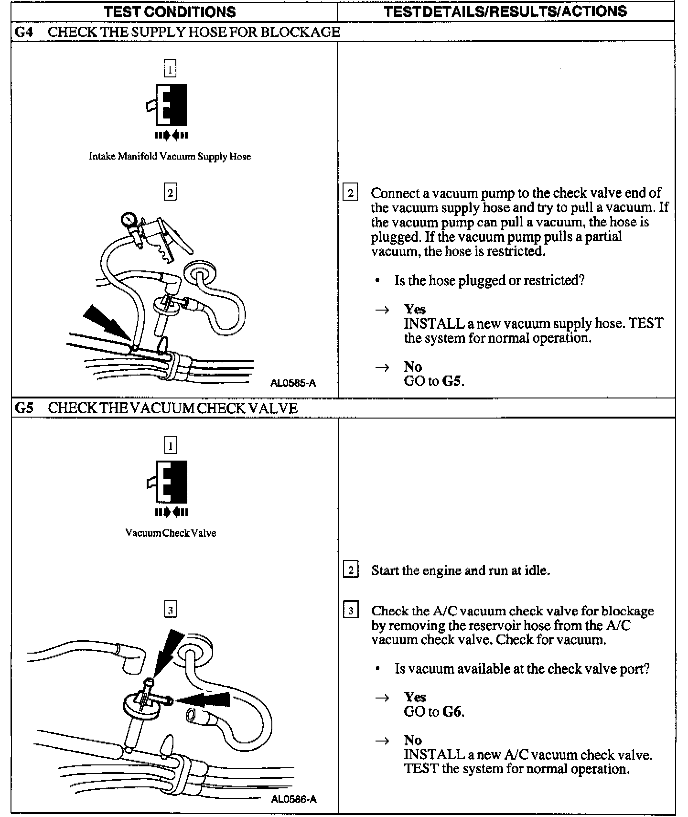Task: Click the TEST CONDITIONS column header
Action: click(170, 11)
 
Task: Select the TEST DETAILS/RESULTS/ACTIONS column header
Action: click(505, 11)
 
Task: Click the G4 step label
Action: click(24, 32)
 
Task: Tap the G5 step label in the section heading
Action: click(24, 408)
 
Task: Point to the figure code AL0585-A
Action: click(293, 383)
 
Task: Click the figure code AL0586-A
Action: click(293, 799)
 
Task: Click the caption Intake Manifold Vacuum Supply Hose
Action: click(170, 156)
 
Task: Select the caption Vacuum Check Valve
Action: click(171, 533)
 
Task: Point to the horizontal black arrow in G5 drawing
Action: click(203, 700)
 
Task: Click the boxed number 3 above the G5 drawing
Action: click(170, 610)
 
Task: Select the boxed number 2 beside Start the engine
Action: click(351, 570)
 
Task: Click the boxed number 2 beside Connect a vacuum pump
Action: click(350, 193)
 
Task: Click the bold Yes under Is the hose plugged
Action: click(414, 309)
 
